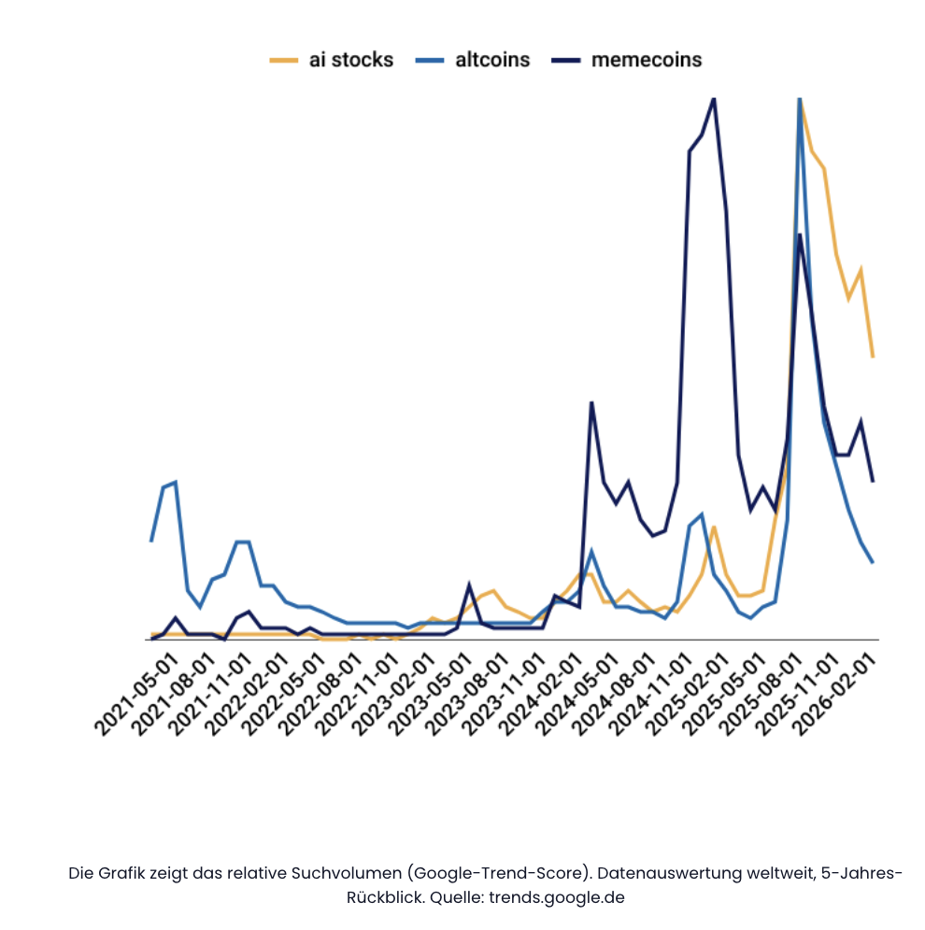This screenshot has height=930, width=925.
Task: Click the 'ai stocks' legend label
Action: [x=351, y=60]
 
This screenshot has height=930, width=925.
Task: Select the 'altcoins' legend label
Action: [x=492, y=60]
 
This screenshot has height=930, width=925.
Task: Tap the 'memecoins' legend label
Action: [x=646, y=60]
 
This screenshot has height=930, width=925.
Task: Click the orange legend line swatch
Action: [x=283, y=61]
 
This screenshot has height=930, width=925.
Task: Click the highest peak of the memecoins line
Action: [x=714, y=98]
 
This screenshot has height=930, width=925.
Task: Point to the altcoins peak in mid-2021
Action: [x=175, y=482]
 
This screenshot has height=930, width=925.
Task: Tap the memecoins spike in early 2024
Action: [x=591, y=402]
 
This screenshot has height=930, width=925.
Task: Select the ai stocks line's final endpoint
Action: [x=873, y=357]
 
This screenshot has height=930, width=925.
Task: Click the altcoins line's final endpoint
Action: [x=873, y=562]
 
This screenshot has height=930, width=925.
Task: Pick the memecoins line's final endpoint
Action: [x=873, y=481]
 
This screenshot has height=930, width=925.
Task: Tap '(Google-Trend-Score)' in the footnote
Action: [x=499, y=874]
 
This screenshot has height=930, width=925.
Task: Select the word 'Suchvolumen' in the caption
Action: [x=349, y=874]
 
